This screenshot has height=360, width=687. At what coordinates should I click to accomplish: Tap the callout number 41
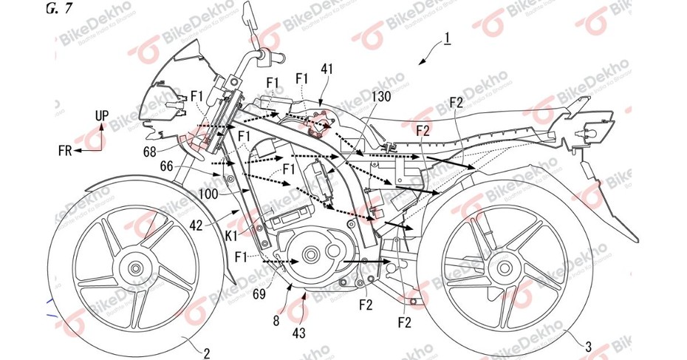tap(327, 69)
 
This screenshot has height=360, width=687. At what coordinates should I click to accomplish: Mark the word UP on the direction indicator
tap(102, 117)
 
